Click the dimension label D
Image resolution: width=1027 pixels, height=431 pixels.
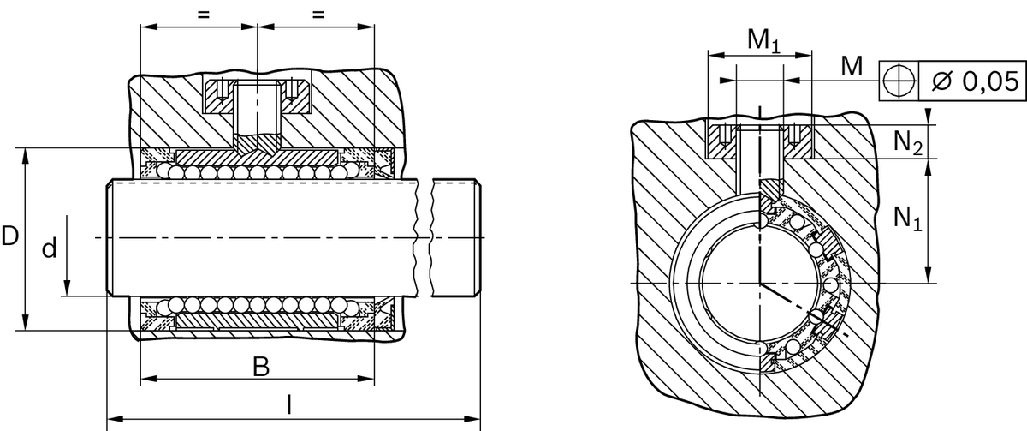(9, 237)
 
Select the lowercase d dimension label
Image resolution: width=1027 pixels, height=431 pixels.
(50, 249)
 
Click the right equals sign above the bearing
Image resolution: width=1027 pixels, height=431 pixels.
(318, 15)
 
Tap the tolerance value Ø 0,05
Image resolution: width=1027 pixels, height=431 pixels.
(974, 81)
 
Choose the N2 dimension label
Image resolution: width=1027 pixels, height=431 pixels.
(907, 142)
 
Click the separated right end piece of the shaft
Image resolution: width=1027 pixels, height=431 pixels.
(455, 237)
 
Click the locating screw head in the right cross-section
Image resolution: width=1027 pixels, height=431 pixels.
(759, 139)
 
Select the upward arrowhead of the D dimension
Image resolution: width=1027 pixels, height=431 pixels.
(26, 154)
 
